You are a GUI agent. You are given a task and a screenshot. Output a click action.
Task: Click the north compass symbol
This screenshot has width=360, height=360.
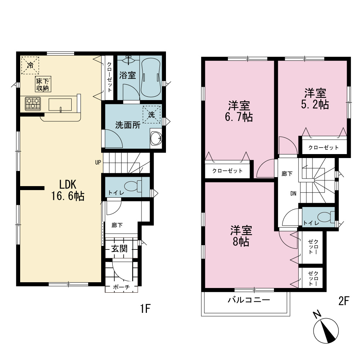(x=326, y=330)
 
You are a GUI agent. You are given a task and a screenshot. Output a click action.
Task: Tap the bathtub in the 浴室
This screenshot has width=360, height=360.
(x=150, y=77)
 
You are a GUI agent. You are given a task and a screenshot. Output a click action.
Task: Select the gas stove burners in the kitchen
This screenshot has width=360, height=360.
(x=33, y=104)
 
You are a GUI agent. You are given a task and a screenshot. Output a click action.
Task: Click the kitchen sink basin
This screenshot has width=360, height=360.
(x=60, y=105)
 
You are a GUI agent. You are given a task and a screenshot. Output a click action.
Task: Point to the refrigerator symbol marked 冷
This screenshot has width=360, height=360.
(x=30, y=66)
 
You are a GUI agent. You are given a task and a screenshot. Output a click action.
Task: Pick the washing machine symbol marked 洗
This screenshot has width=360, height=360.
(x=151, y=114)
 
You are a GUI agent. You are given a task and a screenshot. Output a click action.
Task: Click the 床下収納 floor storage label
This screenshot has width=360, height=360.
(x=43, y=84)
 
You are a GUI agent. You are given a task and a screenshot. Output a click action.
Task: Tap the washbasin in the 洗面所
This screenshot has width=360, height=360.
(x=156, y=138)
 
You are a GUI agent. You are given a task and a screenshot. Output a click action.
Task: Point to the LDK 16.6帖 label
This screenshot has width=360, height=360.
(x=68, y=190)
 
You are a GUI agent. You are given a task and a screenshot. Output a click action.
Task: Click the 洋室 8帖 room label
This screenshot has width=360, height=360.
(x=241, y=236)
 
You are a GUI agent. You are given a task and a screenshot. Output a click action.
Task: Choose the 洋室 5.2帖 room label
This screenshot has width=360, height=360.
(x=315, y=99)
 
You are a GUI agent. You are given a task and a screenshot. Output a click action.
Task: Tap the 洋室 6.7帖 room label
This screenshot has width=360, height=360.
(x=239, y=111)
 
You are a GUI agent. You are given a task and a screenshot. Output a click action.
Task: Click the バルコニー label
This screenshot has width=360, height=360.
(x=249, y=300)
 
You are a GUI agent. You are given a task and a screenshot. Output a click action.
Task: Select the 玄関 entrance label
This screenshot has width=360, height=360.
(x=120, y=249)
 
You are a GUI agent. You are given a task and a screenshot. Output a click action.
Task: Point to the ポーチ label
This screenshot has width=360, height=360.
(x=121, y=287)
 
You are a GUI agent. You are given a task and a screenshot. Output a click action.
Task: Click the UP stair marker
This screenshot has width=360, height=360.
(x=98, y=163)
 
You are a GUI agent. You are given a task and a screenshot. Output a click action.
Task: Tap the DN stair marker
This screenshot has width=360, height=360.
(x=293, y=194)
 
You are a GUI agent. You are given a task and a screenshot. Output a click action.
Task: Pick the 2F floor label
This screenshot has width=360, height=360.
(x=344, y=301)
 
